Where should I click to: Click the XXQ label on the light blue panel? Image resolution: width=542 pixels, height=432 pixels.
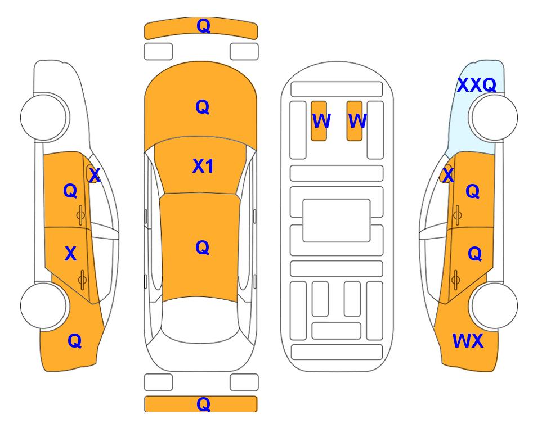477,85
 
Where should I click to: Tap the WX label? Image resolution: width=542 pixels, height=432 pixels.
468,341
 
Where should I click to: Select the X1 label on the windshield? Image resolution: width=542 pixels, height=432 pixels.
203,166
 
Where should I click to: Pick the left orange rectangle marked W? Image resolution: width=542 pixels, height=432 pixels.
319,121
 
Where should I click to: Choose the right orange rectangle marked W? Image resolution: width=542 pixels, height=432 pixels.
355,121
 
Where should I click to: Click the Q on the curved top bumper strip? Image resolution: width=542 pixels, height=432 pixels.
203,26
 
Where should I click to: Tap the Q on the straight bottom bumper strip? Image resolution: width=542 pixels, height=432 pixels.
203,404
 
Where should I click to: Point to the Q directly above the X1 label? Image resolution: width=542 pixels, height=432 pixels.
202,107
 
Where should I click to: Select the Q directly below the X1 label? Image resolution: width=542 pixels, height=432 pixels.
202,247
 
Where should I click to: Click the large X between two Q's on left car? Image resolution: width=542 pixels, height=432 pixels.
70,254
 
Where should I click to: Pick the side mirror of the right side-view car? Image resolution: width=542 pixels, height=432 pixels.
446,174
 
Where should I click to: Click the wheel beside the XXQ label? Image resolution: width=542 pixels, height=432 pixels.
493,118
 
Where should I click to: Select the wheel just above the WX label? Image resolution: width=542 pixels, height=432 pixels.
493,305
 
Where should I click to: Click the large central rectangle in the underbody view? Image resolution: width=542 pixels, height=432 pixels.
337,220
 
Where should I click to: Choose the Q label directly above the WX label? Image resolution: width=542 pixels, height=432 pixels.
474,254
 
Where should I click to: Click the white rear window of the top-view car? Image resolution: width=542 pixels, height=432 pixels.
200,321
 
